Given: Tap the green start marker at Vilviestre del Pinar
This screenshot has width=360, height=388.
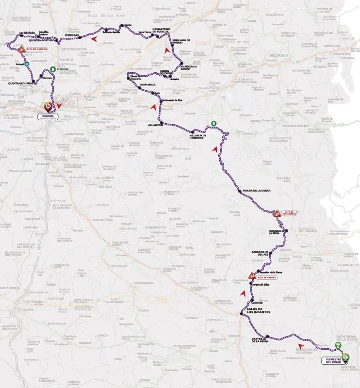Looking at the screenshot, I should tap(345, 357).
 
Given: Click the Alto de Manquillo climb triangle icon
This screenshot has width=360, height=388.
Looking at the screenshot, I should tap(277, 213).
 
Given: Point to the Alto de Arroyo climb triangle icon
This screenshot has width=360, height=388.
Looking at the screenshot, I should tap(251, 275).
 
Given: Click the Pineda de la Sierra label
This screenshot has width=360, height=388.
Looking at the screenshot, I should tap(257, 191).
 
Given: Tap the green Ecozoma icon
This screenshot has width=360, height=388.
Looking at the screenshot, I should tap(52, 69).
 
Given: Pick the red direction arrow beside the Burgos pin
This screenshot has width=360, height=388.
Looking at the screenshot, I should tap(59, 105).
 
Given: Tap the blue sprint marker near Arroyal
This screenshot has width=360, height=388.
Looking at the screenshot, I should tap(27, 64).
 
